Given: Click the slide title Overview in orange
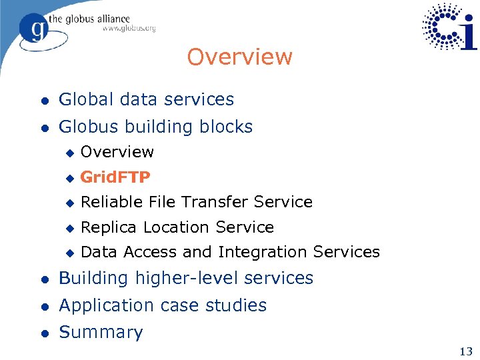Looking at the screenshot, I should (x=239, y=57).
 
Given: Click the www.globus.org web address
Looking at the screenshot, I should (x=129, y=29).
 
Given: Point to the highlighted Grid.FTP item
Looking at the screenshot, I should (x=115, y=177).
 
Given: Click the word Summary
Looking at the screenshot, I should (x=101, y=332).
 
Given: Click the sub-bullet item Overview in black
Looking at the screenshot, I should (x=117, y=152).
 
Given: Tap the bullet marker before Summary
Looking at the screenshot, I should (x=44, y=333).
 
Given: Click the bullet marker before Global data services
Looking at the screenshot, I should (x=44, y=100).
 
